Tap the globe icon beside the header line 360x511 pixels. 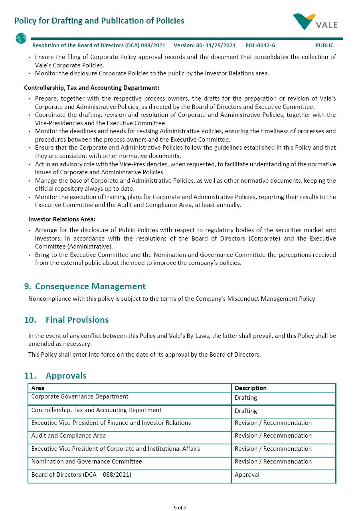(x=21, y=39)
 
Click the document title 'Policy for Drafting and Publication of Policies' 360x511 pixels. (x=99, y=21)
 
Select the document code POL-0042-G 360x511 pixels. (x=260, y=45)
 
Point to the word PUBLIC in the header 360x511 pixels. (x=324, y=45)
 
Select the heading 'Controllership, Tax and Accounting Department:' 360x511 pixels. (x=91, y=88)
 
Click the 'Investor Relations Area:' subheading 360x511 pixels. (x=62, y=219)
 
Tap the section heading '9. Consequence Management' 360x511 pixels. (x=85, y=286)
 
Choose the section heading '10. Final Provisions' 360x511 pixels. (x=67, y=320)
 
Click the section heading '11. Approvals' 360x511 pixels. (x=55, y=376)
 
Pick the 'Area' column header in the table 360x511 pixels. (x=38, y=388)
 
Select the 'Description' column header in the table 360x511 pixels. (x=251, y=388)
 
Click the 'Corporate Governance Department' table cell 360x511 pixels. (x=80, y=397)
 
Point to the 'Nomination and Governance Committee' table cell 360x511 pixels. (x=87, y=462)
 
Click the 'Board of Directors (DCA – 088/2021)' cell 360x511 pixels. (x=81, y=475)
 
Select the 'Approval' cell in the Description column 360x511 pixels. (x=247, y=475)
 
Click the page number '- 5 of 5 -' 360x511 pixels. (x=180, y=508)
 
